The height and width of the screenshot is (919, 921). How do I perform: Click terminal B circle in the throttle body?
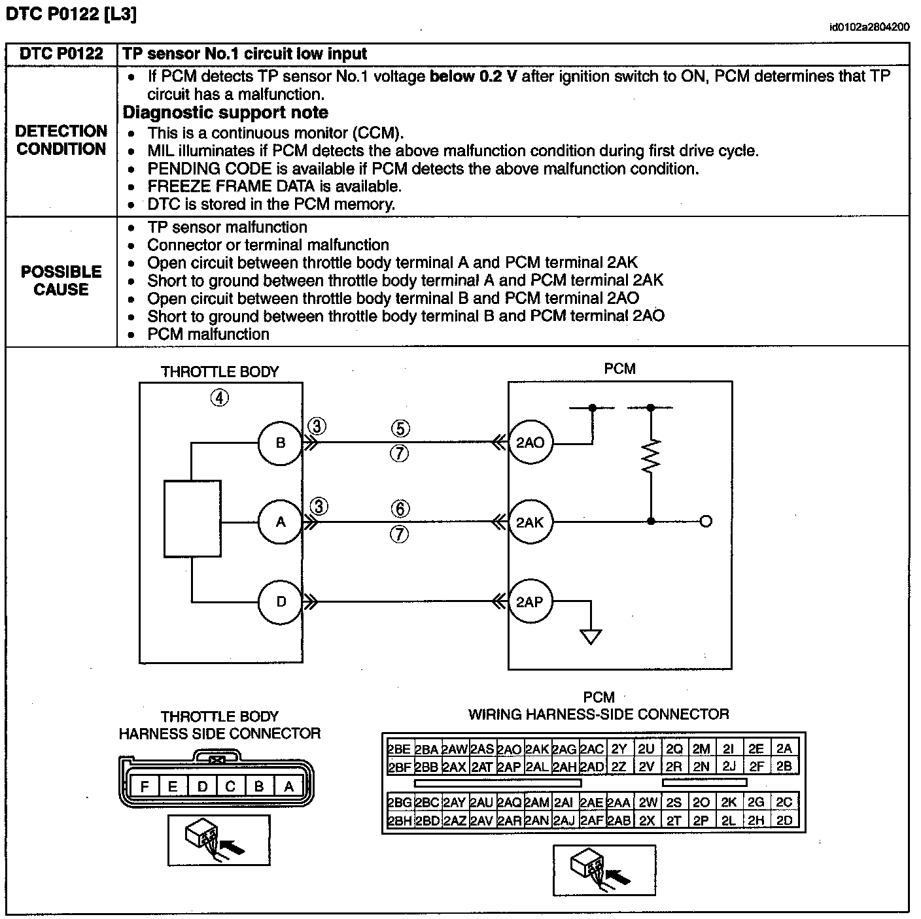tap(281, 443)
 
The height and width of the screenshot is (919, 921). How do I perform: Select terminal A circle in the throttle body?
tap(281, 522)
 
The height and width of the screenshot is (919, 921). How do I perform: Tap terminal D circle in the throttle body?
tap(281, 602)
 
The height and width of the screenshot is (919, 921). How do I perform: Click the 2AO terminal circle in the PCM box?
tap(530, 443)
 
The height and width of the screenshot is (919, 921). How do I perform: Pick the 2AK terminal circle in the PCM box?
tap(530, 522)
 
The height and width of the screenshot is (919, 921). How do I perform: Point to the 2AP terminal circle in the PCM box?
tap(530, 602)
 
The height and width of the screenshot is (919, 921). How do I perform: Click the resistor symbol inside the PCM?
tap(651, 456)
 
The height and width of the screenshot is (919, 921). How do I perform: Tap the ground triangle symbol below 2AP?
tap(591, 636)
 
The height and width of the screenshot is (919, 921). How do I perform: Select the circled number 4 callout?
tap(219, 397)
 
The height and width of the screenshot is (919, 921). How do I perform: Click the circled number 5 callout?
tap(400, 429)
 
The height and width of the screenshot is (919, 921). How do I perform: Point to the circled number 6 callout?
tap(400, 509)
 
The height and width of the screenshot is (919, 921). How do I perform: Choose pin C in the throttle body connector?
tap(230, 787)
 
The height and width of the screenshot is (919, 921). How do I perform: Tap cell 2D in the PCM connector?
tap(784, 820)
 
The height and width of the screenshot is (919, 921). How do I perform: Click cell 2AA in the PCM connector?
tap(619, 803)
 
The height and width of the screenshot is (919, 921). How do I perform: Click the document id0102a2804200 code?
tap(869, 27)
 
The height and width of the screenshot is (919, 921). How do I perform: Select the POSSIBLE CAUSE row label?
tap(61, 280)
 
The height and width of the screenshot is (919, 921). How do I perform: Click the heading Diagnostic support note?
tap(225, 112)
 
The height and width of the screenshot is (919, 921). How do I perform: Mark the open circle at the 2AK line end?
tap(706, 522)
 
